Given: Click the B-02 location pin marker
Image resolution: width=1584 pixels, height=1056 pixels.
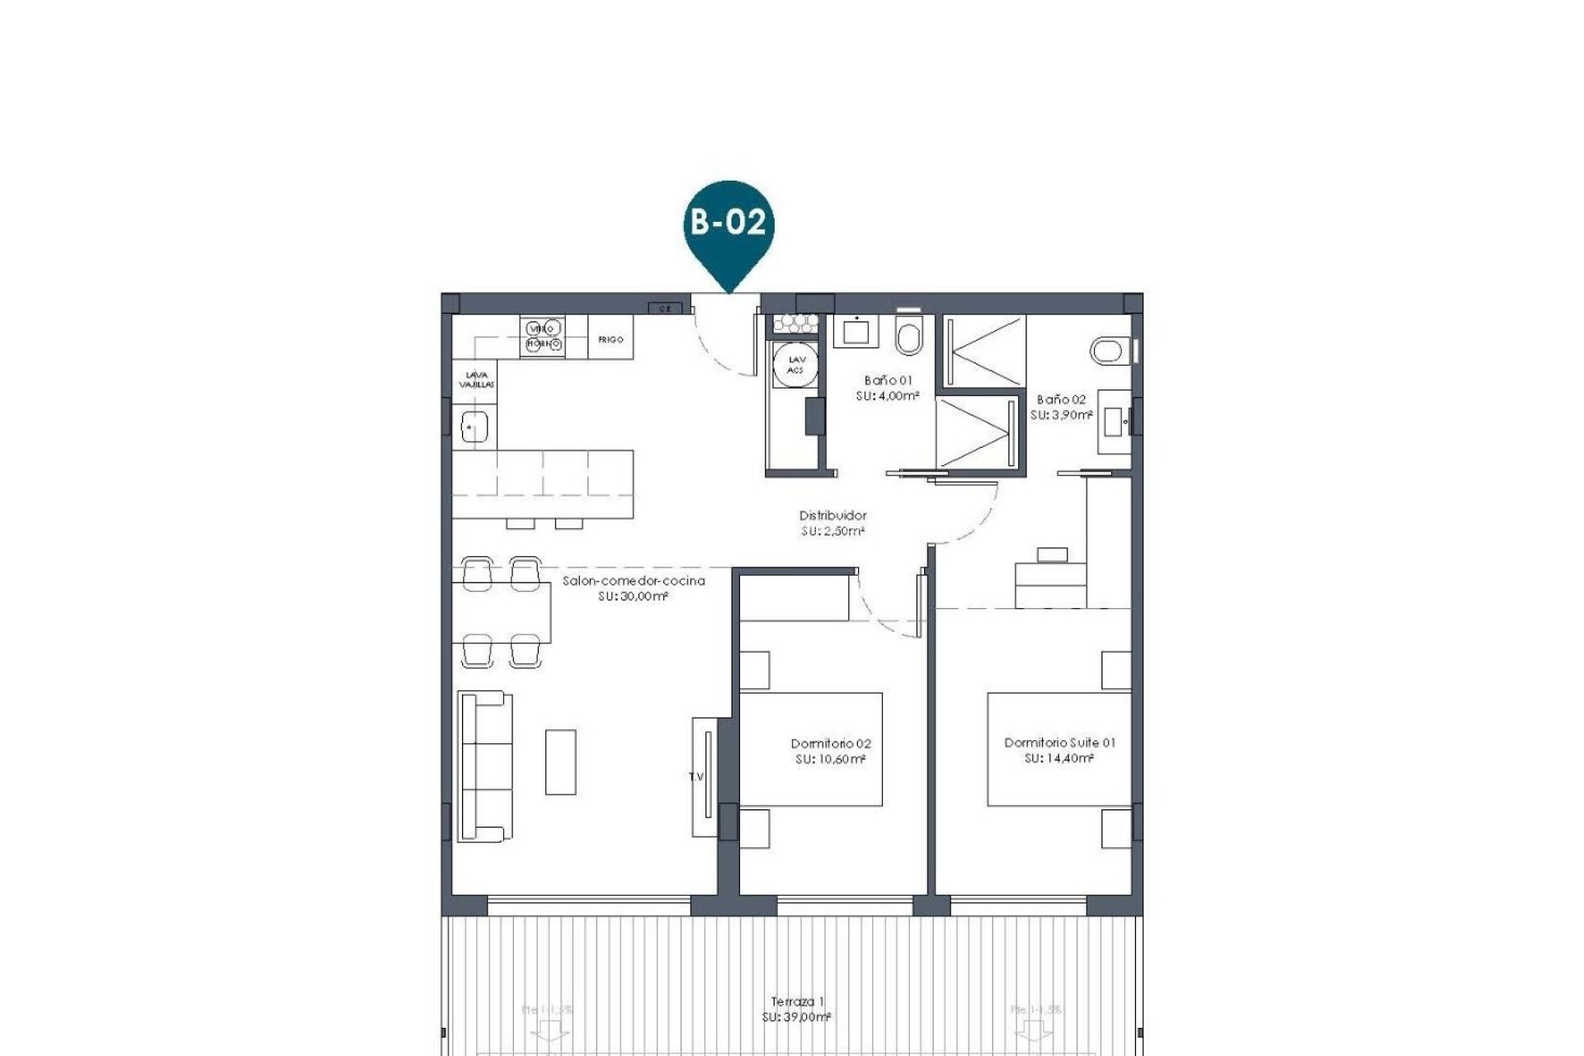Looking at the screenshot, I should click(x=728, y=224).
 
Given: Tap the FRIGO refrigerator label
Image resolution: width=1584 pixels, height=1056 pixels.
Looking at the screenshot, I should click(x=610, y=340).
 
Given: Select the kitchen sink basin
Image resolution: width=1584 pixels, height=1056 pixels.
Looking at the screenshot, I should click(x=474, y=427).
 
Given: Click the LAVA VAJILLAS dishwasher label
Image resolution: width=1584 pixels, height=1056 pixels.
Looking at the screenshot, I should click(x=476, y=379).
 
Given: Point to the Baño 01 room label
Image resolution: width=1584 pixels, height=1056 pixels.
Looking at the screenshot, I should click(x=888, y=380).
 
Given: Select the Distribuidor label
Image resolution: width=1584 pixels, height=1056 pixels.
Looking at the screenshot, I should click(x=832, y=516).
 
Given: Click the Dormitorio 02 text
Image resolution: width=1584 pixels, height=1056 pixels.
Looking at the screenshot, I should click(x=830, y=743).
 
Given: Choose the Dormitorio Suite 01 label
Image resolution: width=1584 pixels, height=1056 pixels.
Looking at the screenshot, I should click(x=1059, y=742).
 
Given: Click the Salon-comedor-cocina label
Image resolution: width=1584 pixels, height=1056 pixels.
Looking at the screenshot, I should click(x=634, y=581).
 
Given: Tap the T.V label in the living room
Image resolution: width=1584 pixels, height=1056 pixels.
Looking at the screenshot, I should click(x=695, y=776).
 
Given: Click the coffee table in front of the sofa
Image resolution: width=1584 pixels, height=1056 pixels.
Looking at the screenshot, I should click(x=560, y=761).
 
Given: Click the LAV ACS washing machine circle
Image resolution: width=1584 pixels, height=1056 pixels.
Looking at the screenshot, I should click(x=795, y=365).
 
